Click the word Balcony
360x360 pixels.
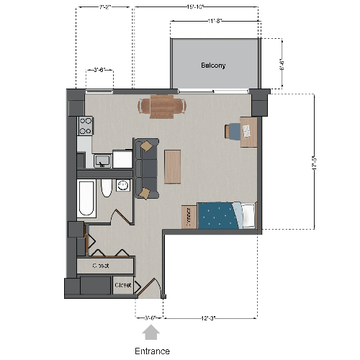coord(213,65)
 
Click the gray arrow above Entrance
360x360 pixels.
coord(150,332)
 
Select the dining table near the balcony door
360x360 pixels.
coord(161,107)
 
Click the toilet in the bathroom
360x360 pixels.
coord(107,189)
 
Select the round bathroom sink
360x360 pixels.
coord(122,186)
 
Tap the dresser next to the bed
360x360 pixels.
coord(189,216)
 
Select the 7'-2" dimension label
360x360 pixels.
coord(104,7)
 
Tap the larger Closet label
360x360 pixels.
coord(100,266)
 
